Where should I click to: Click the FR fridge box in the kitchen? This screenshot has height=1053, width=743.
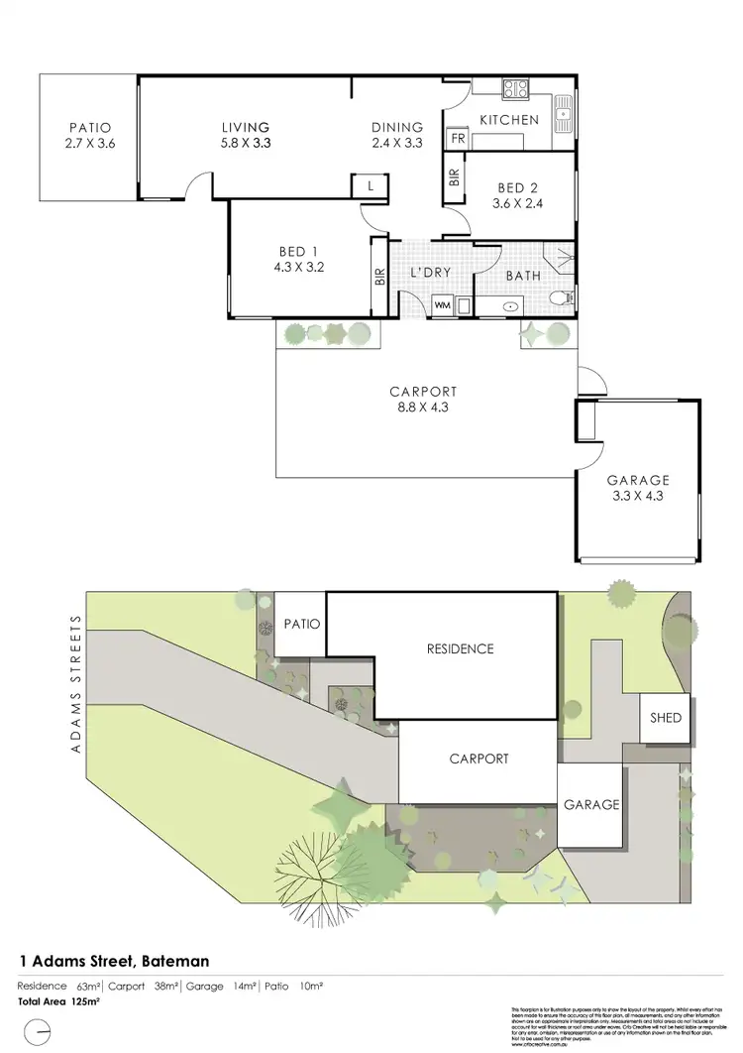[x=458, y=140]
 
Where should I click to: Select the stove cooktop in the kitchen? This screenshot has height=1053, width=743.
[x=517, y=90]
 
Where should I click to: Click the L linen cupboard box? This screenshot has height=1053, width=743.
[x=370, y=185]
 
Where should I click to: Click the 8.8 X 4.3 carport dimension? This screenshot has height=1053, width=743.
[x=424, y=407]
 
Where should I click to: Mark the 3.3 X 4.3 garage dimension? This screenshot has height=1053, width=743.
[x=638, y=496]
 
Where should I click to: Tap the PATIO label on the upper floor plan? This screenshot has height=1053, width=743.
[x=89, y=127]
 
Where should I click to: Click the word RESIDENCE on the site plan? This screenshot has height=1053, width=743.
[x=460, y=649]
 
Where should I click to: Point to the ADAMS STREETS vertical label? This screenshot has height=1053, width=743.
[x=74, y=683]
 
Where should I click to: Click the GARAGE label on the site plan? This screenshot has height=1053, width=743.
[x=591, y=805]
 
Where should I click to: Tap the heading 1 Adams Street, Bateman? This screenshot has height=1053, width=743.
[x=114, y=961]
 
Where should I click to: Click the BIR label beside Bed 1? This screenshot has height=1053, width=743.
[x=379, y=278]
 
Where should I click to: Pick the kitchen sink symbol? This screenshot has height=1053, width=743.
[x=563, y=110]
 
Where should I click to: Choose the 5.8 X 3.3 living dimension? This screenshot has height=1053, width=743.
[x=245, y=143]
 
